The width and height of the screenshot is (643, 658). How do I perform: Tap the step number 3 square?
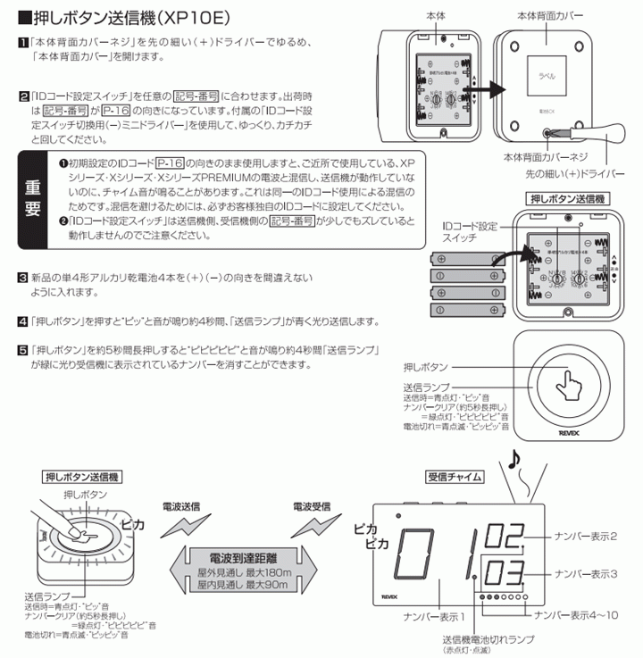[22, 279]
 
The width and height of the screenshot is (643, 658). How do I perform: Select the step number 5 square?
[22, 349]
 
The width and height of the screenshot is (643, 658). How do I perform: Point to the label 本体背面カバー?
[552, 16]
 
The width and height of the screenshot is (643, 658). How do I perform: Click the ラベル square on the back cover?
[544, 77]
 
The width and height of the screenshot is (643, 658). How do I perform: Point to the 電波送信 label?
[182, 505]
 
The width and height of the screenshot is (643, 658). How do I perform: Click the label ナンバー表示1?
[433, 616]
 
